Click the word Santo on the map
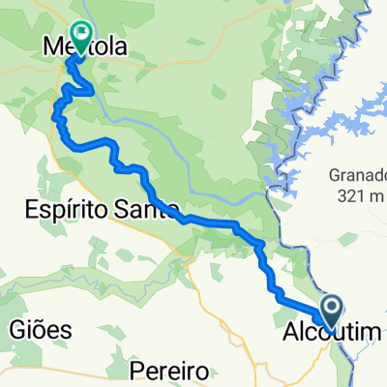point(148,208)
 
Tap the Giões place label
point(41,329)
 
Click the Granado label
point(357,178)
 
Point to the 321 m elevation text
point(356,196)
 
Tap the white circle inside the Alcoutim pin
point(332,309)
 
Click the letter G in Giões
point(16,329)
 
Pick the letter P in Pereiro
point(134,372)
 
